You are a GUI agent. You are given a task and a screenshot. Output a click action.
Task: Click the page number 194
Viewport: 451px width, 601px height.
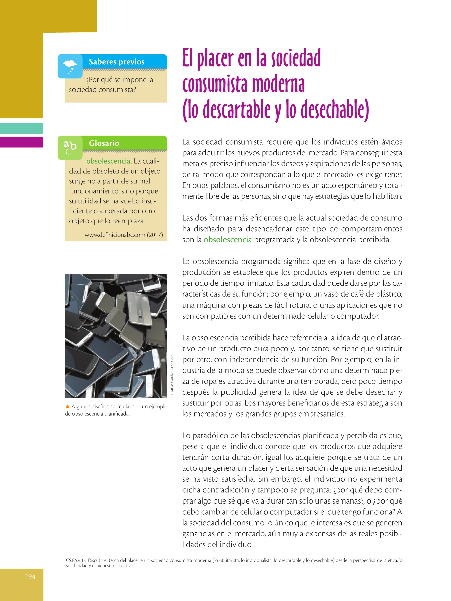(x=30, y=576)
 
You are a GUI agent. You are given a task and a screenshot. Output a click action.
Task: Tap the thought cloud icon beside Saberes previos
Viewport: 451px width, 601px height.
(x=70, y=66)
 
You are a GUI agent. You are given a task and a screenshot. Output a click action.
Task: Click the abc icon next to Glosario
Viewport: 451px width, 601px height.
(x=70, y=147)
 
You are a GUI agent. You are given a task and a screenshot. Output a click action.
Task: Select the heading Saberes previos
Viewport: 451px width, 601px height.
(x=116, y=62)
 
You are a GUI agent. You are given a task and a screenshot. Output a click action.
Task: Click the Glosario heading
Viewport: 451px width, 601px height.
(x=104, y=143)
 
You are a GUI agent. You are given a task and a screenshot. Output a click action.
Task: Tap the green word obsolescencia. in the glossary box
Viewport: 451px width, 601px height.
(x=109, y=161)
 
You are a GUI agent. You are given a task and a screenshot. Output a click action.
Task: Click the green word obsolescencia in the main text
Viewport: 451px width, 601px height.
(x=228, y=240)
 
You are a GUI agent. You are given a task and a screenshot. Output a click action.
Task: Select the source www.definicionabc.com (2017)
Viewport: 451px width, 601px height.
(x=124, y=235)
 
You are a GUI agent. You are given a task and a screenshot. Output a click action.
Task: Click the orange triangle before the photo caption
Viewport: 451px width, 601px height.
(x=67, y=406)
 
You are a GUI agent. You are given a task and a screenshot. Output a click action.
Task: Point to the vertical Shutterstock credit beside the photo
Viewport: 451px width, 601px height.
(x=172, y=375)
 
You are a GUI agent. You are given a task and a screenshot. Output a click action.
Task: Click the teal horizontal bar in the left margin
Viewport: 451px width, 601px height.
(x=22, y=128)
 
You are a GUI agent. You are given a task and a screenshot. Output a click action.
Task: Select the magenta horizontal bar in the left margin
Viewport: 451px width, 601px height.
(x=22, y=142)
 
